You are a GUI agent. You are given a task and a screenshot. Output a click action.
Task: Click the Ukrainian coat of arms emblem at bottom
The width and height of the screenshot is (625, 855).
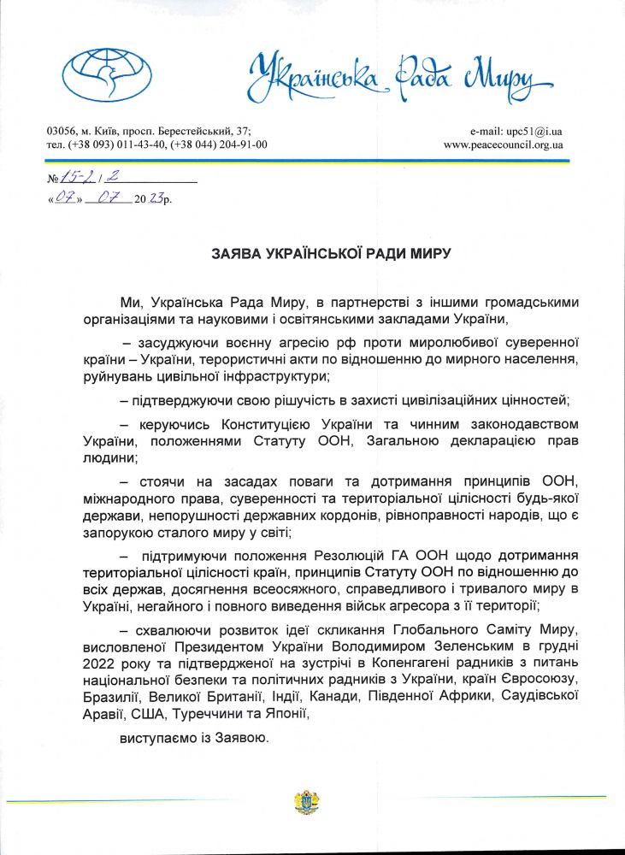point(306,802)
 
